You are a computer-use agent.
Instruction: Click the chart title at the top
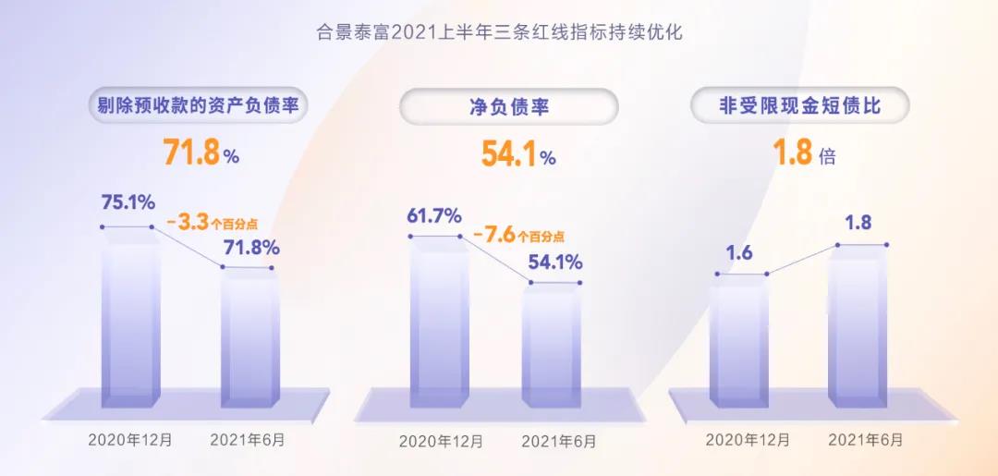(x=498, y=34)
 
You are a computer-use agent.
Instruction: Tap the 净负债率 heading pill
(x=508, y=107)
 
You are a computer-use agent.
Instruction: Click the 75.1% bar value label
(x=128, y=203)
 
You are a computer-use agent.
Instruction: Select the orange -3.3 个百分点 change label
(x=213, y=223)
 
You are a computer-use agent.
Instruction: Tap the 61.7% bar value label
(x=434, y=216)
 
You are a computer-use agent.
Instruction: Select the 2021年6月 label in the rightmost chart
(x=864, y=439)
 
